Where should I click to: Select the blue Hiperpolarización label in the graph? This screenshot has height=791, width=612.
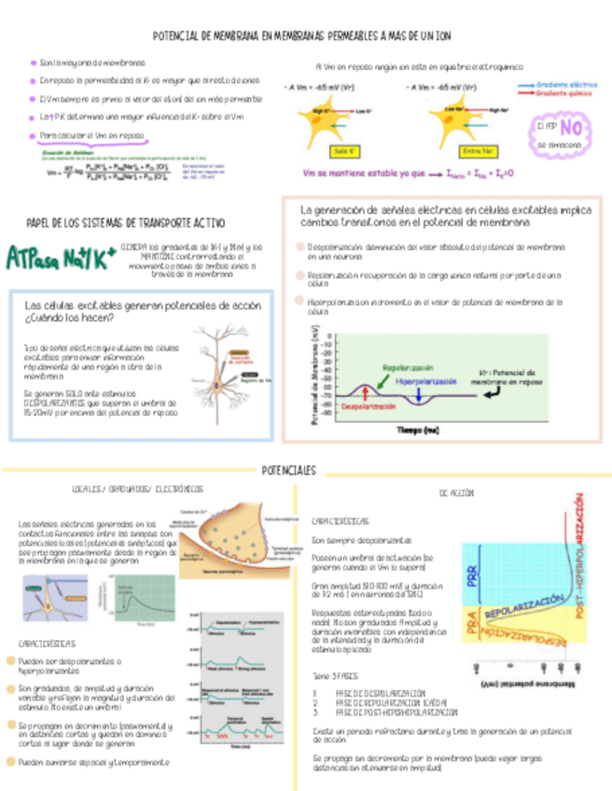[425, 382]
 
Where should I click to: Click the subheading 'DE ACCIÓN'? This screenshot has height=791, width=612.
[455, 491]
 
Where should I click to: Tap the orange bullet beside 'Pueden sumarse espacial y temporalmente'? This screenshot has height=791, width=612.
[10, 762]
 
